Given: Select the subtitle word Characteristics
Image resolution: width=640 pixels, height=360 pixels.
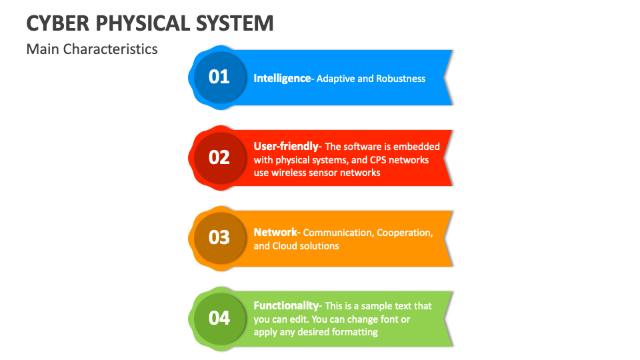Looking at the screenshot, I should click(x=111, y=49).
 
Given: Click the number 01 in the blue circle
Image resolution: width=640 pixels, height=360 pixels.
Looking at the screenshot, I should click(x=219, y=77).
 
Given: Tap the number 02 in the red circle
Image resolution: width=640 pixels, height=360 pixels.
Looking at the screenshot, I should click(x=219, y=157).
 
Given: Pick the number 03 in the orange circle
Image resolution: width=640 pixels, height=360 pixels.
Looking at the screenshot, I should click(x=219, y=237).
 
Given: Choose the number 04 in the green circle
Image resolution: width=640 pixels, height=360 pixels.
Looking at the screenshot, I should click(x=219, y=318).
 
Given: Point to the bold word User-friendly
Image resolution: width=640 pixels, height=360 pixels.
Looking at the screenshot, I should click(x=287, y=146).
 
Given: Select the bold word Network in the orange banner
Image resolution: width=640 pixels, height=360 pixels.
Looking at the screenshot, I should click(x=275, y=232).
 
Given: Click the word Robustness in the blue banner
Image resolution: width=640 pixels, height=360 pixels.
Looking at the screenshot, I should click(x=401, y=79).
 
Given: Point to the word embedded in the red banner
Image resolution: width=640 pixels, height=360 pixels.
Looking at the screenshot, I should click(x=419, y=147).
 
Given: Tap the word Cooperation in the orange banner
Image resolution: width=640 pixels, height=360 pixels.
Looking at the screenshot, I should click(x=404, y=233).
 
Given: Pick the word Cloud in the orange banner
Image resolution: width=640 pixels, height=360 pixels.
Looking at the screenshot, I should click(x=285, y=246).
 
